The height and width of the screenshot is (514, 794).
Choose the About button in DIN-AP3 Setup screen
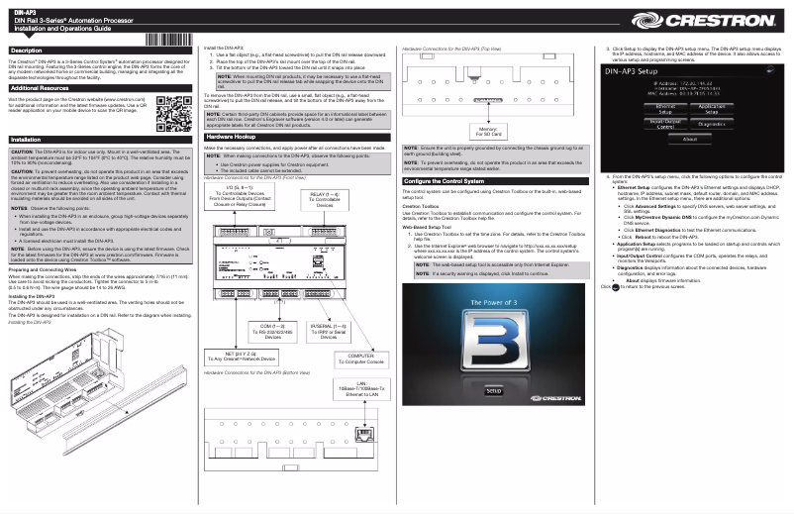[x=689, y=140]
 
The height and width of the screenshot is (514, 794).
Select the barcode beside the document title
[x=167, y=40]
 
